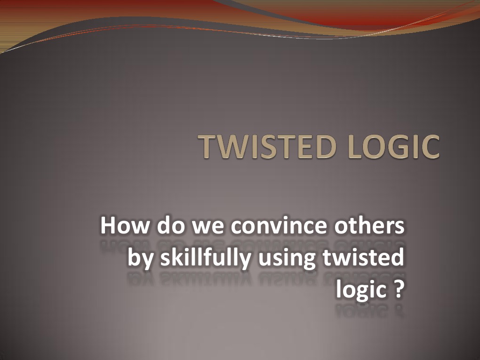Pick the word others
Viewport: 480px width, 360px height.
[369, 226]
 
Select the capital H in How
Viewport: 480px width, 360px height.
[108, 226]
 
